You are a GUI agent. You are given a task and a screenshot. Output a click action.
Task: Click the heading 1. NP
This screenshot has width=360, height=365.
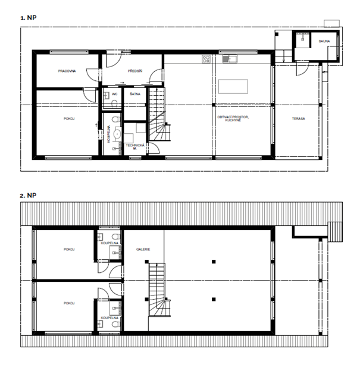click(x=28, y=18)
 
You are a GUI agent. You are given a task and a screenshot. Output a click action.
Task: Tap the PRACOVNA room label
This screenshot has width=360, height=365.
click(x=67, y=71)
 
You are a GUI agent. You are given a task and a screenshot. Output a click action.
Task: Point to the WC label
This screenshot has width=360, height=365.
click(x=114, y=94)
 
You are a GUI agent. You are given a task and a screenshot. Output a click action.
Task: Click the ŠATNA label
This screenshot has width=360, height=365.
click(x=135, y=94)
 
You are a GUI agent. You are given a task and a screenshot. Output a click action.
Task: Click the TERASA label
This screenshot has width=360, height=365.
click(x=299, y=119)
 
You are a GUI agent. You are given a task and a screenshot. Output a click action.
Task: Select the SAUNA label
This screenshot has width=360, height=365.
click(x=324, y=42)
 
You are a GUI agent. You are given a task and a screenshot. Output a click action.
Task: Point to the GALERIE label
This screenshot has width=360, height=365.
click(x=143, y=250)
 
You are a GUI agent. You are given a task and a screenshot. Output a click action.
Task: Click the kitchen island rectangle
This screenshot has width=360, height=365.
click(x=233, y=86)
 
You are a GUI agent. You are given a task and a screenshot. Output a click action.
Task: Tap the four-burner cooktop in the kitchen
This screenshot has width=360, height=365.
click(x=207, y=59)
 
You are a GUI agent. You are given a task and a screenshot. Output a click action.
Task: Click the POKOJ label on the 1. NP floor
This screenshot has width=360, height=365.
click(x=69, y=119)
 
